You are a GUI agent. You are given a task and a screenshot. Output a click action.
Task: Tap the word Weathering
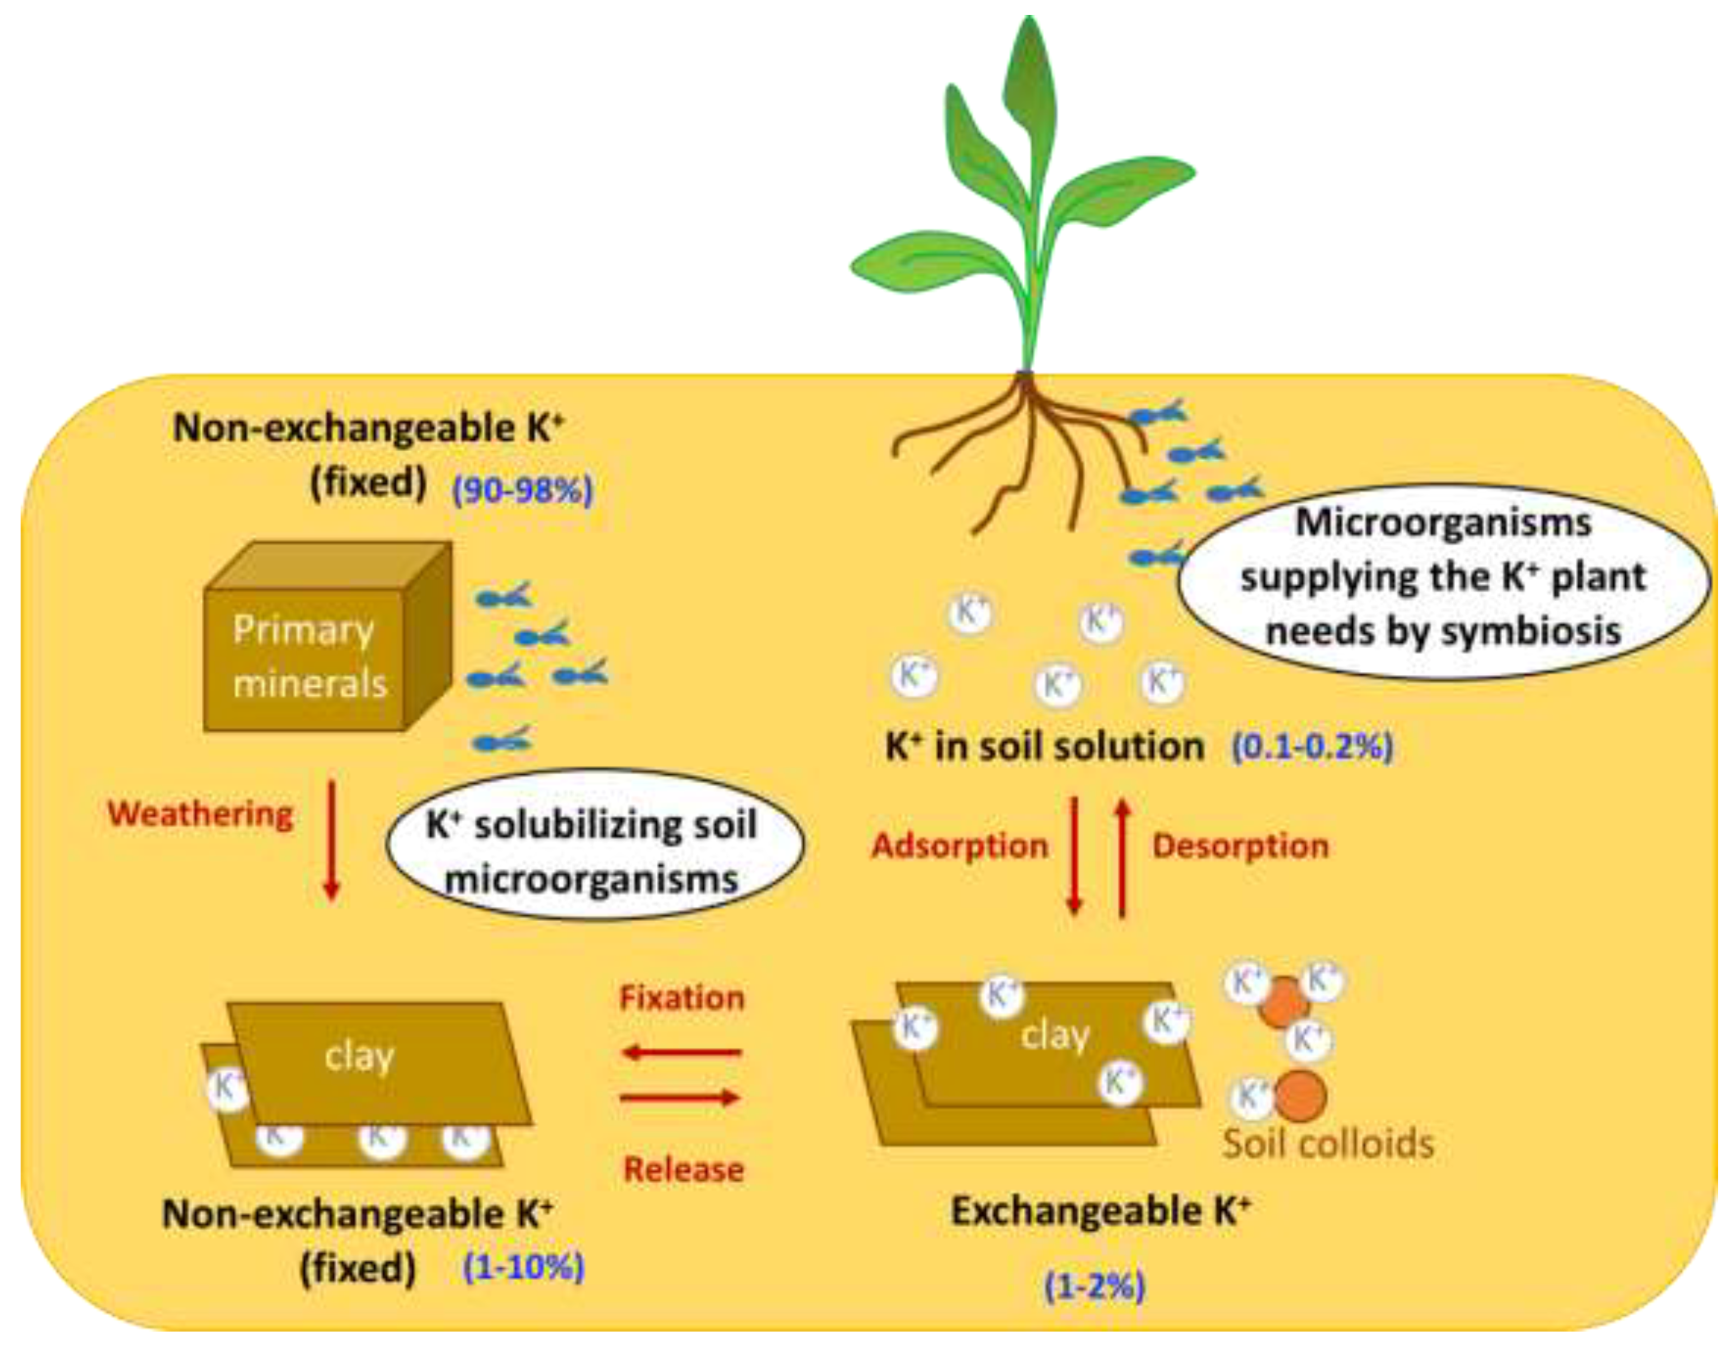click(200, 814)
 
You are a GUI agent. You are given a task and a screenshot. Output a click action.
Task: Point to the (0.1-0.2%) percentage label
click(1312, 746)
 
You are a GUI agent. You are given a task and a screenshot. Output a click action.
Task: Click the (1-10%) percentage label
click(524, 1267)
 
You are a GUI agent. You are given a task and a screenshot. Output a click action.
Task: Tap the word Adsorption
click(960, 846)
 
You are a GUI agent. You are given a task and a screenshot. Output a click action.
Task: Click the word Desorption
click(1240, 846)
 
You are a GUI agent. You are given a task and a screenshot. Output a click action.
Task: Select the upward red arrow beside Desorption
click(1122, 858)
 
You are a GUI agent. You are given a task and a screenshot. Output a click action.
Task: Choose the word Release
click(683, 1169)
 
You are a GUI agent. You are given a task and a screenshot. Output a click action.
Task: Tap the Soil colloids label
click(1328, 1144)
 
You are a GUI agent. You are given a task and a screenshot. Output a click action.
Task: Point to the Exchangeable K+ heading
click(1100, 1211)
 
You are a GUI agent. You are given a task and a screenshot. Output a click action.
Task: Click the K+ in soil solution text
click(1045, 746)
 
